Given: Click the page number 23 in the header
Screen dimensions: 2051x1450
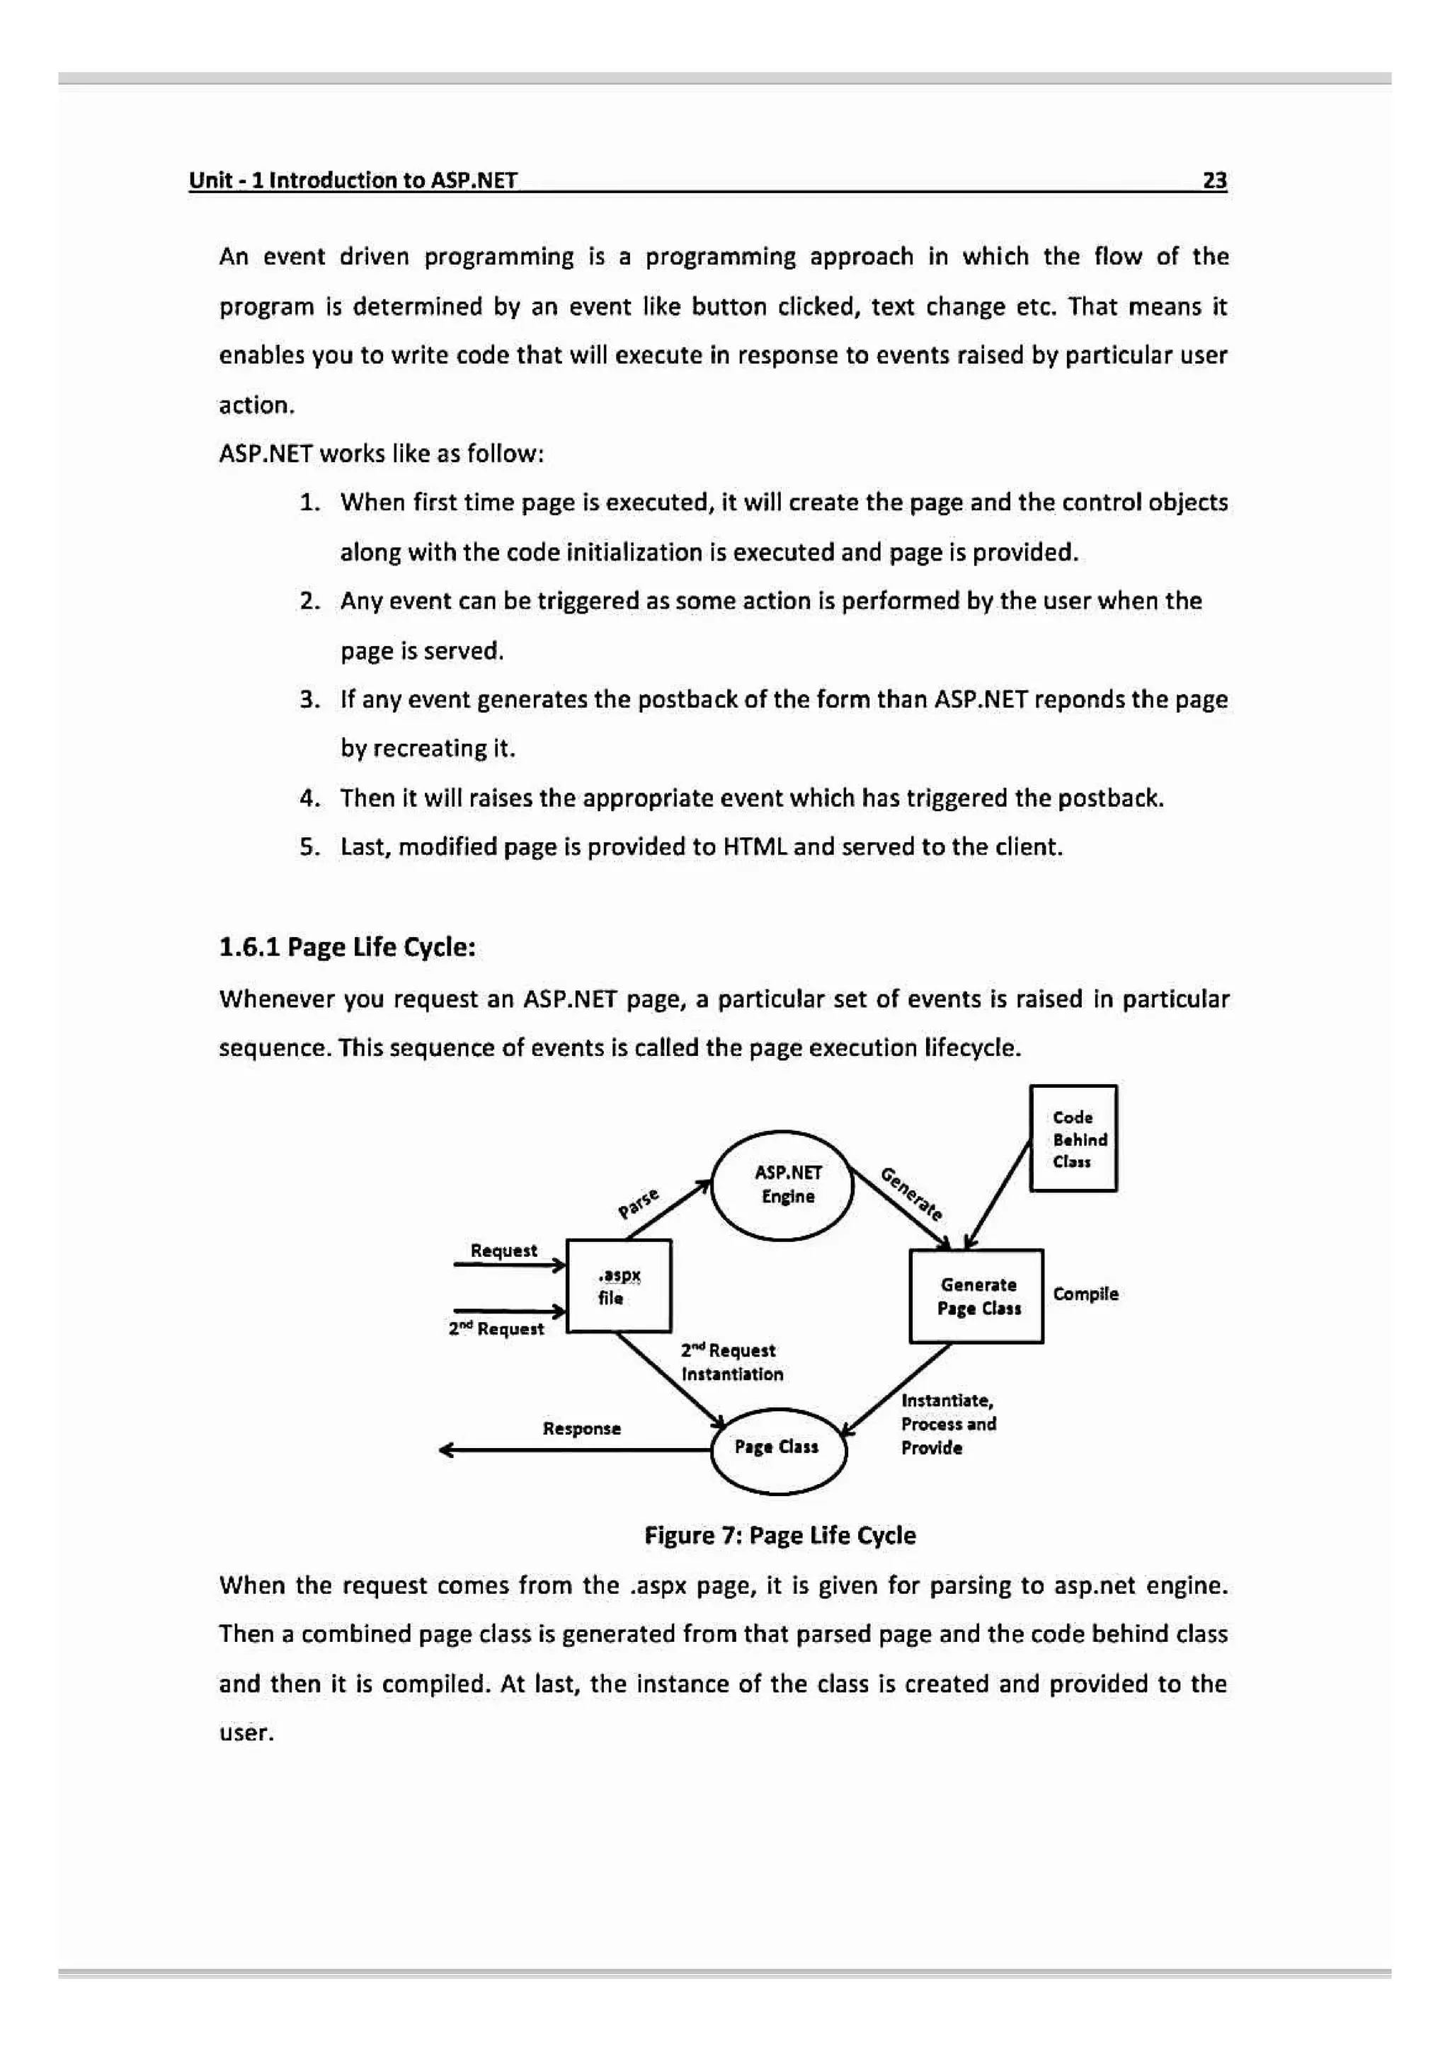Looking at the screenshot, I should pyautogui.click(x=1214, y=180).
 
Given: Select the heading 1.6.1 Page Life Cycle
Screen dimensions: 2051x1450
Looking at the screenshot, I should pyautogui.click(x=347, y=947).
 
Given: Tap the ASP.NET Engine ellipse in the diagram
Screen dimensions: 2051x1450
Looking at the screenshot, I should pyautogui.click(x=782, y=1185).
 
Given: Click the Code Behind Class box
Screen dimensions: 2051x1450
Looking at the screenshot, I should pyautogui.click(x=1072, y=1138).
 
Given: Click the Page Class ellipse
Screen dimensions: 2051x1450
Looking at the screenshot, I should pyautogui.click(x=777, y=1446).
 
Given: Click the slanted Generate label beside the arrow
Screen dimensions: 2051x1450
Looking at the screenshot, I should pyautogui.click(x=911, y=1193).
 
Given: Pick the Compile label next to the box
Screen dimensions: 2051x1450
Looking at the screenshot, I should pyautogui.click(x=1085, y=1294).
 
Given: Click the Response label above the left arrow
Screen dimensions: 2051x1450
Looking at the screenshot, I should pyautogui.click(x=581, y=1428).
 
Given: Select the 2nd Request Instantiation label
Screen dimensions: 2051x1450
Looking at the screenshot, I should pyautogui.click(x=731, y=1362).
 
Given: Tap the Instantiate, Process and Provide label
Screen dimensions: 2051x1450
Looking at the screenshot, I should pyautogui.click(x=947, y=1424).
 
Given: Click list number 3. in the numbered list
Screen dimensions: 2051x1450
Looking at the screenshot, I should pyautogui.click(x=309, y=699).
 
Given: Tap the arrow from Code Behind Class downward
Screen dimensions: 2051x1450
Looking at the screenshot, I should pyautogui.click(x=998, y=1195).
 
